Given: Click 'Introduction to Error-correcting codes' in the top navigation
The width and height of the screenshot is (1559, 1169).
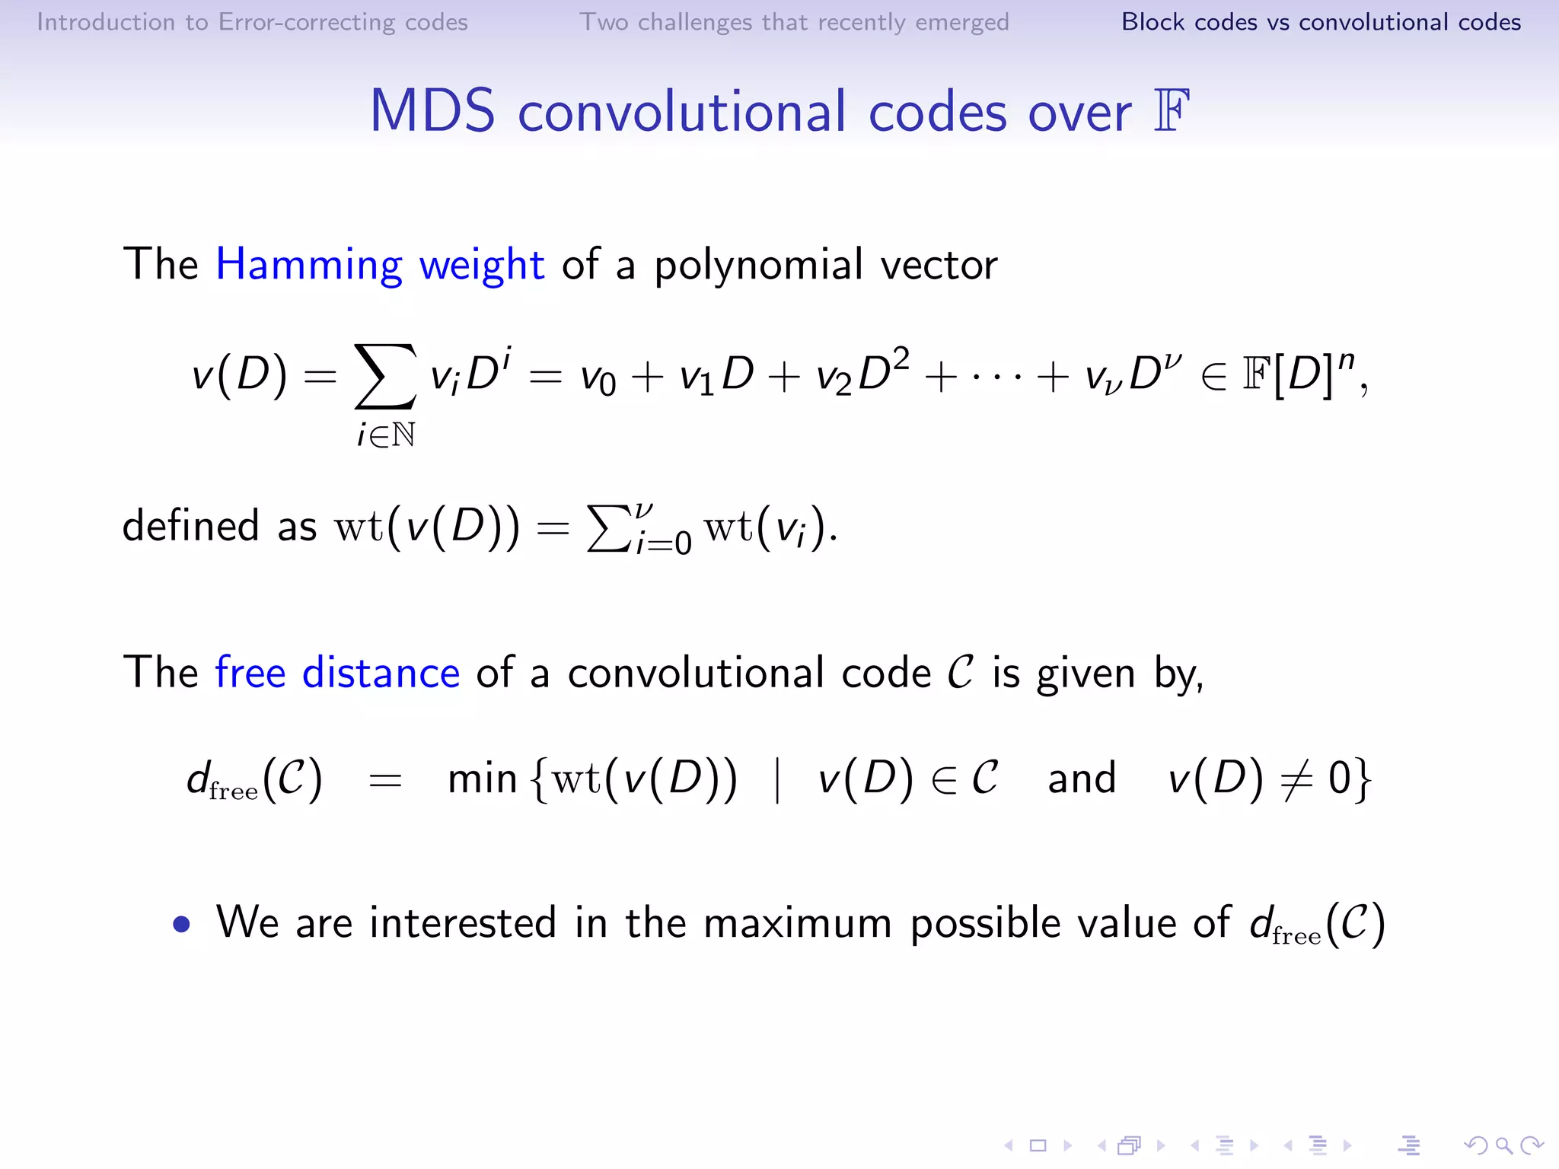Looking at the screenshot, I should [x=252, y=22].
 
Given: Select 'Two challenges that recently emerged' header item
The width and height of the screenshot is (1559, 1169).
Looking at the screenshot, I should [x=794, y=22].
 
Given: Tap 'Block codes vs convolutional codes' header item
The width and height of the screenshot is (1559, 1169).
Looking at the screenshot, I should [x=1321, y=22].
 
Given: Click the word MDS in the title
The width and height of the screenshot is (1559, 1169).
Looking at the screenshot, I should [x=432, y=112].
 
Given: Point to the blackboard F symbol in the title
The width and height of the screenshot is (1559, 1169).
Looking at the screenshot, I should [x=1172, y=112].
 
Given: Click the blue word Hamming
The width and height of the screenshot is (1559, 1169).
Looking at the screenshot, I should [x=308, y=266].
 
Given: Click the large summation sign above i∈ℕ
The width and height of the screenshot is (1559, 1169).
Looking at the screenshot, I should [x=385, y=376].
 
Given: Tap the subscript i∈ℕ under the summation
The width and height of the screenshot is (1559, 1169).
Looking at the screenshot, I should [x=386, y=435].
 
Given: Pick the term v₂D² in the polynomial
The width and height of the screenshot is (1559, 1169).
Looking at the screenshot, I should [x=862, y=373].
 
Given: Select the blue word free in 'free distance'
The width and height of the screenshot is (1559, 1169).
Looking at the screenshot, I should [x=250, y=673].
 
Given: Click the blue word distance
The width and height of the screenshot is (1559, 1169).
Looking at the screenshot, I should [x=381, y=673].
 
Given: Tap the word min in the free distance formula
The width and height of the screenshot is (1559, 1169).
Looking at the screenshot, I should [x=482, y=779].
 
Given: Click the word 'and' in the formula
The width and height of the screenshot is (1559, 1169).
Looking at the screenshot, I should [x=1081, y=779].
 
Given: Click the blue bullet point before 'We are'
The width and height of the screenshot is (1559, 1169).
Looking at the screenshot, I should [x=181, y=924].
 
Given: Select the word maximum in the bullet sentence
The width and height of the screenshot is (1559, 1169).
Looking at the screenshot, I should [x=797, y=923].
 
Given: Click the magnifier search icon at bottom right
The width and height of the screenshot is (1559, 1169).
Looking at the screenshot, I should [x=1503, y=1145].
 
